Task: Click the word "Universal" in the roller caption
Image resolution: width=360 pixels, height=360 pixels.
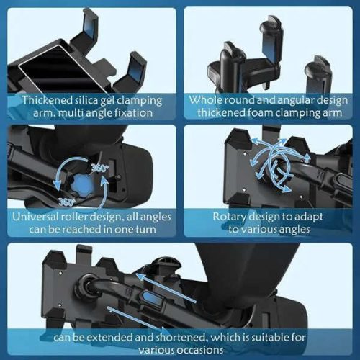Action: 35,217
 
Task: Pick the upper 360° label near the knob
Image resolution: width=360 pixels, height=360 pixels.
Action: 100,168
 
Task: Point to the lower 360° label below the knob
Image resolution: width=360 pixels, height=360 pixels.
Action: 67,202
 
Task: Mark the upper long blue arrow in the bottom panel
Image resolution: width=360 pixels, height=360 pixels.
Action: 166,288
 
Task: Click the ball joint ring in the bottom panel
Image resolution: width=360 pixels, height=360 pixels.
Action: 85,287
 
